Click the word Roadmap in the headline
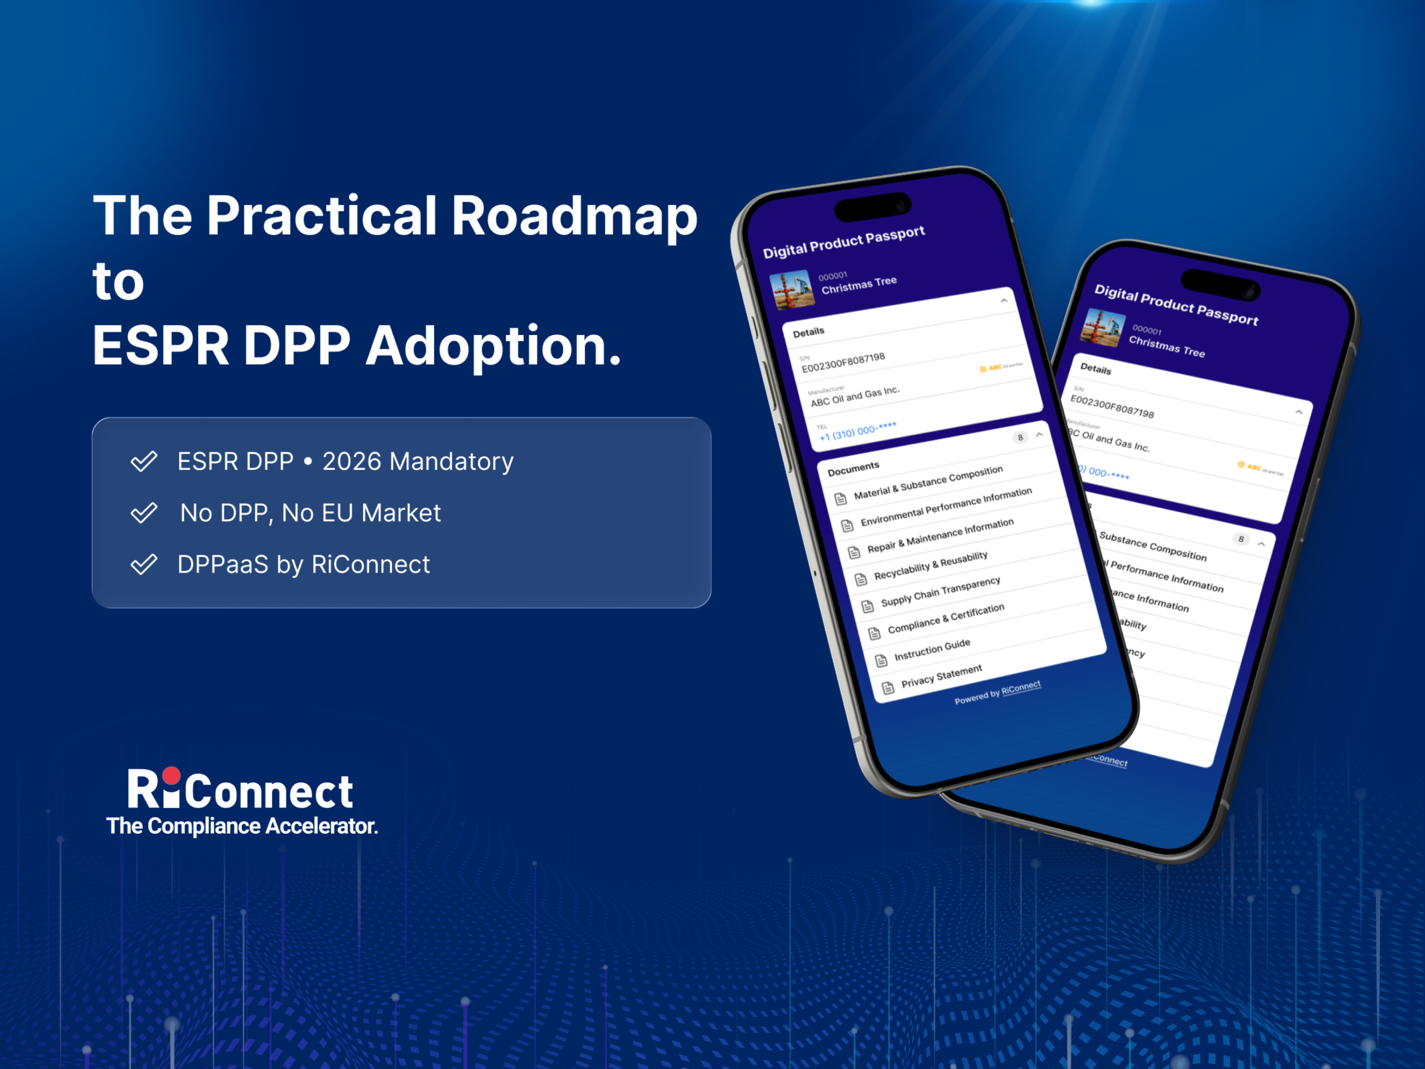coord(574,216)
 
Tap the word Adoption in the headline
coord(494,347)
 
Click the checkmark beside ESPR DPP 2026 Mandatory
coord(143,461)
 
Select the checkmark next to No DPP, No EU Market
coord(143,513)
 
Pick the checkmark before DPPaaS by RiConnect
coord(143,564)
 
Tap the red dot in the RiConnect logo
coord(171,775)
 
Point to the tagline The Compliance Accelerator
coord(242,826)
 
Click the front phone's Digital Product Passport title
coord(844,242)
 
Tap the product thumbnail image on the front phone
coord(792,289)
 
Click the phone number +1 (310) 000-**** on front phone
coord(857,432)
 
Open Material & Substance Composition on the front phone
coord(928,483)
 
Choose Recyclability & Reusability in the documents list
coord(930,565)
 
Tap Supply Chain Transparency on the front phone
coord(940,592)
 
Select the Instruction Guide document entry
coord(931,650)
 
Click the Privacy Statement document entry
coord(941,676)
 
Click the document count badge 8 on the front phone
coord(1020,438)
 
